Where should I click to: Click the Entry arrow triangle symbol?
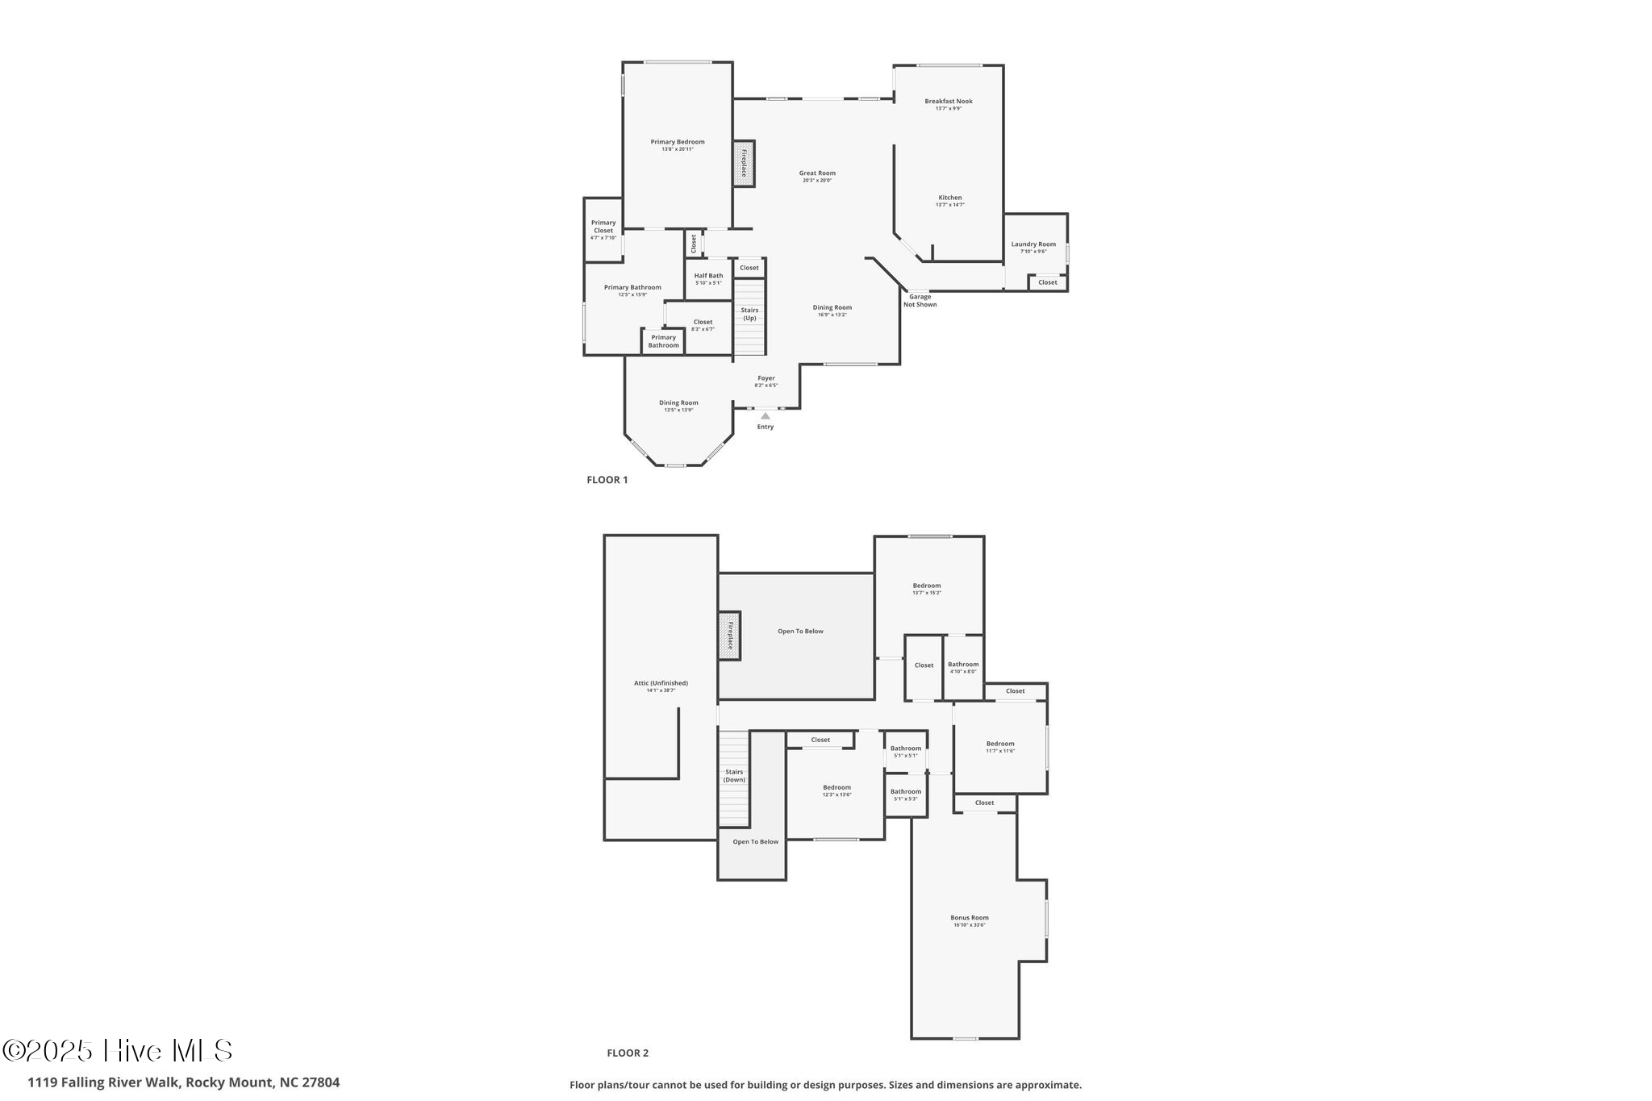[x=766, y=416]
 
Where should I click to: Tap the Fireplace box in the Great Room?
[x=744, y=164]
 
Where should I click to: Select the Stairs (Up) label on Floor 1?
[x=749, y=314]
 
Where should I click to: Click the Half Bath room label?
[x=708, y=276]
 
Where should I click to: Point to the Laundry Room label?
[x=1033, y=244]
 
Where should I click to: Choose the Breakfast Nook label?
[x=949, y=102]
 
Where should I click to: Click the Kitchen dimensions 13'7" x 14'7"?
[x=949, y=205]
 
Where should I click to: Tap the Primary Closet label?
[x=603, y=227]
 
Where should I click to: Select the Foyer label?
[x=766, y=378]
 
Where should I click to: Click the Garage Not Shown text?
[x=920, y=301]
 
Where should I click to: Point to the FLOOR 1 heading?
[x=607, y=480]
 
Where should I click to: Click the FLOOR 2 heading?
[x=628, y=1053]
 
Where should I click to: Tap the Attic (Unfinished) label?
[x=661, y=683]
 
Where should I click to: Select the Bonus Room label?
[x=969, y=918]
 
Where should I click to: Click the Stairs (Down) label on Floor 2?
[x=734, y=776]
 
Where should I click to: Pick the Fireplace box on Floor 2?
[x=729, y=636]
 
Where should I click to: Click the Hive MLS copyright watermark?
[x=119, y=1051]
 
